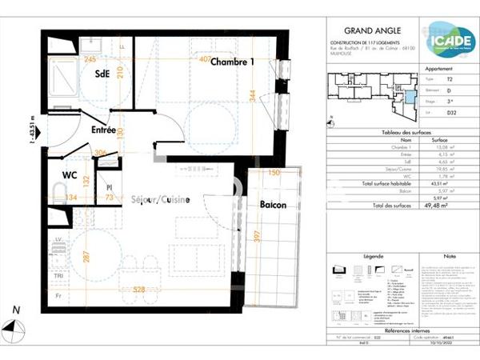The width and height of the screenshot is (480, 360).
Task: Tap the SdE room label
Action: (102, 74)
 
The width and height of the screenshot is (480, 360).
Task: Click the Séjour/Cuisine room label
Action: (160, 200)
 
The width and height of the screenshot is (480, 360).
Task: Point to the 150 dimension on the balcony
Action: (274, 173)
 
